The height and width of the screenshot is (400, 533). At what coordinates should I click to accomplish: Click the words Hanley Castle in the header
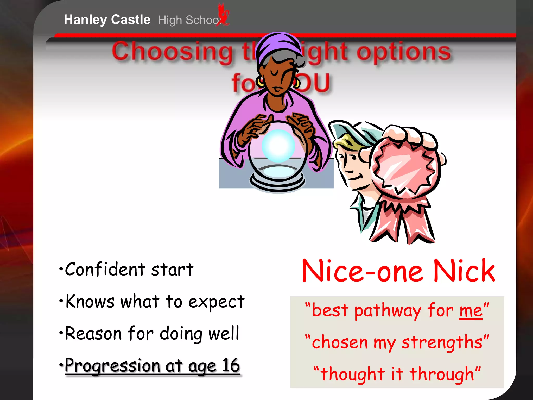coord(107,20)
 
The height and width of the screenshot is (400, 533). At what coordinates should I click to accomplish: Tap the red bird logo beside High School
coord(223,15)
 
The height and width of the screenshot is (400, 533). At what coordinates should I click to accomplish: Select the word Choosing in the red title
coord(172,52)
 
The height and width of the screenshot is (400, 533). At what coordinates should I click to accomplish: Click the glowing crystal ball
coord(278,146)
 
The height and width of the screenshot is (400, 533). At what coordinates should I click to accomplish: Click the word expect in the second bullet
coord(216,302)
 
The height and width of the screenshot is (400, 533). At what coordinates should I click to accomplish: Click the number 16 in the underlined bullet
coord(231,365)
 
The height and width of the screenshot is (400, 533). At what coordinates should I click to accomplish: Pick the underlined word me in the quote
coord(471,311)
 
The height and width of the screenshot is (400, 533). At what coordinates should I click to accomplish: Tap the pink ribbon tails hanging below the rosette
coord(402,221)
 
